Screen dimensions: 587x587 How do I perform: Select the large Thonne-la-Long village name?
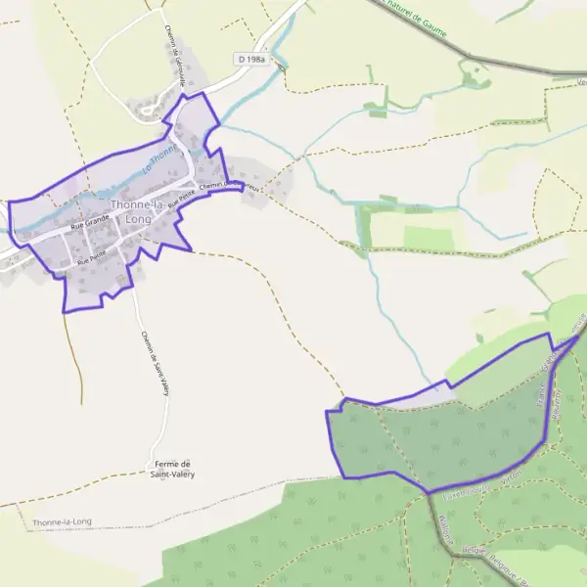pos(140,211)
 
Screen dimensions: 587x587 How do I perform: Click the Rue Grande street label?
pos(90,225)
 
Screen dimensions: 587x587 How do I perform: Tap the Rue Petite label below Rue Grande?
pos(90,258)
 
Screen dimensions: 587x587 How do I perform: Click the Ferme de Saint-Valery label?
pos(172,469)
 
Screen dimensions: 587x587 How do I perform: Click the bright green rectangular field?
pos(429,238)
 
